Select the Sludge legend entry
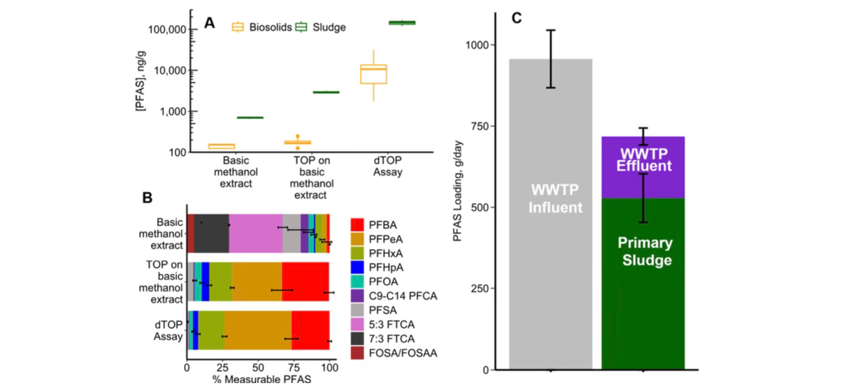point(320,27)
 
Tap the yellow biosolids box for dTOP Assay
point(373,74)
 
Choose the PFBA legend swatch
point(357,223)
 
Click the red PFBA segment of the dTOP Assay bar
point(310,330)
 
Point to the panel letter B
point(147,198)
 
